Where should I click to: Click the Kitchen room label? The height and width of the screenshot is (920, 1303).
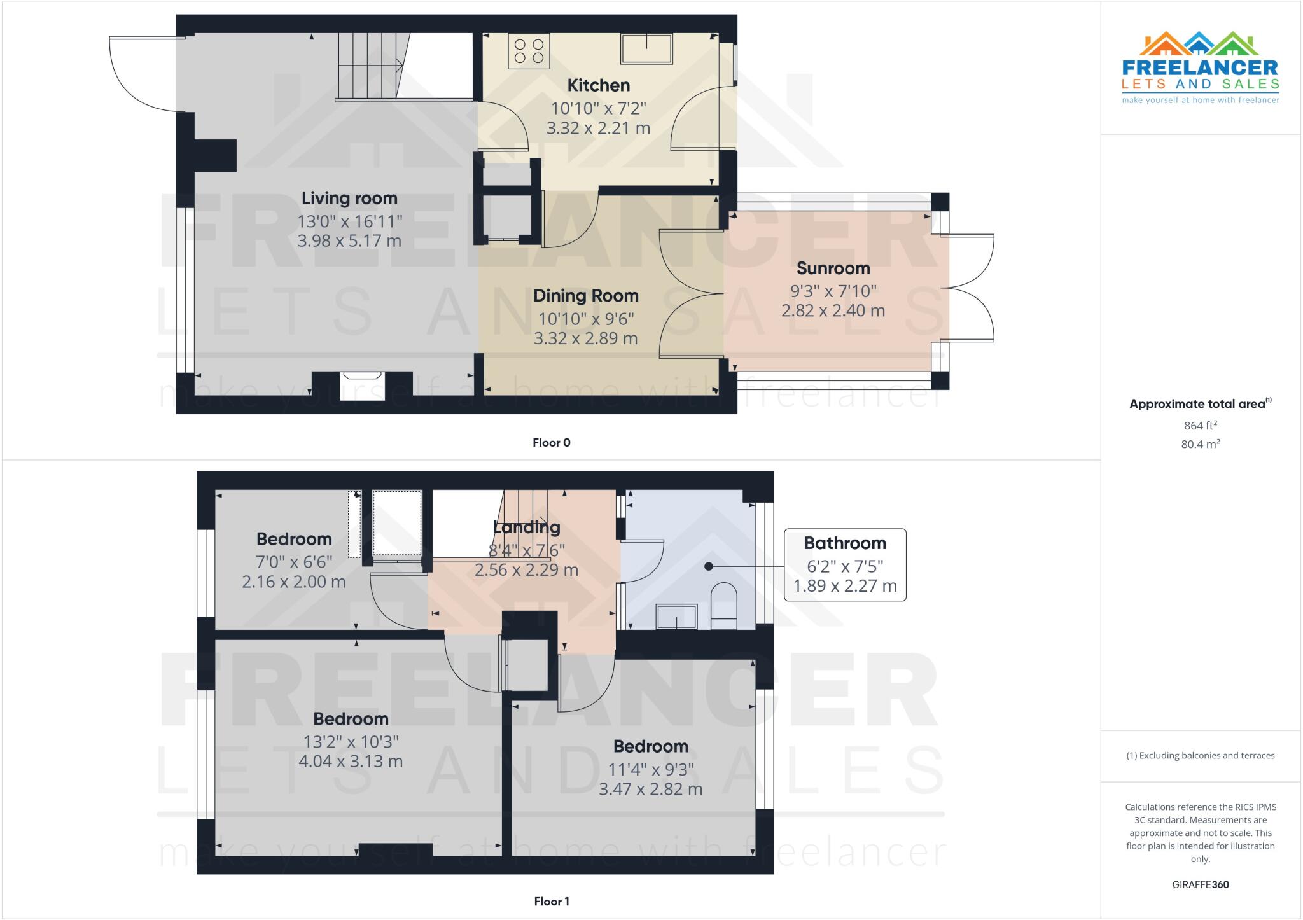tap(598, 85)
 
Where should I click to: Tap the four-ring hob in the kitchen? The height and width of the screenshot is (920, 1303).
tap(529, 51)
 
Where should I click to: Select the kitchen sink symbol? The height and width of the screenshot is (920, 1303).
tap(646, 49)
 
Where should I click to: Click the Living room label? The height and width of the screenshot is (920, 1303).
tap(349, 199)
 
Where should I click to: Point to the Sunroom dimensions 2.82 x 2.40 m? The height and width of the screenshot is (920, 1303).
tap(833, 311)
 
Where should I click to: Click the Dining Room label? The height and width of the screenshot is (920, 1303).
tap(585, 296)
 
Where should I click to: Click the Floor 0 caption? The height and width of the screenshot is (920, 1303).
tap(551, 443)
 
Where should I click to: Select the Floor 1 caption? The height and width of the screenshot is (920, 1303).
tap(551, 902)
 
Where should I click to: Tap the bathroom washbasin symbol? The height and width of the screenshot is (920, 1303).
tap(676, 617)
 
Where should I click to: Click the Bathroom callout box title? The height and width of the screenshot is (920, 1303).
tap(844, 543)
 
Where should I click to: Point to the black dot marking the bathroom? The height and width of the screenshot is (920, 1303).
tap(708, 566)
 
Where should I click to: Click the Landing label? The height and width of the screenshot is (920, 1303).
tap(526, 527)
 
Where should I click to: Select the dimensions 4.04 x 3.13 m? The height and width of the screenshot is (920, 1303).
tap(351, 762)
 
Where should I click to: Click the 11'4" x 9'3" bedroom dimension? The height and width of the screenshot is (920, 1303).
tap(650, 770)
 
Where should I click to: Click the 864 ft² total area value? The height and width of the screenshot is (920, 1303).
tap(1200, 426)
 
